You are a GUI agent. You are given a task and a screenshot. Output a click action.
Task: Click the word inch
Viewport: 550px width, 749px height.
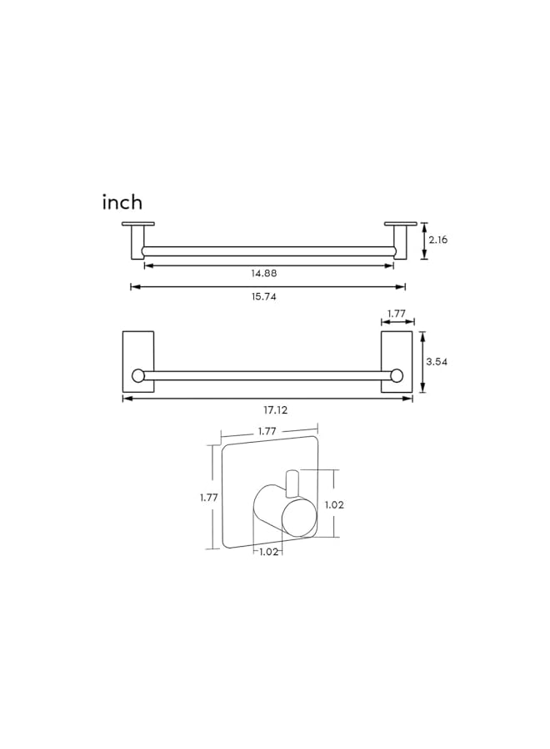click(x=122, y=202)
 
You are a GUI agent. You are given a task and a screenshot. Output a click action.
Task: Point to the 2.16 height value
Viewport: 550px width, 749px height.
click(x=437, y=240)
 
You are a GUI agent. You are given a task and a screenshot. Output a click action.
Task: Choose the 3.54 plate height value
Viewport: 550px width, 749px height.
click(x=437, y=362)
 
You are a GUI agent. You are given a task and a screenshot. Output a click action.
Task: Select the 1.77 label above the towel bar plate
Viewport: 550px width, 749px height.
click(x=397, y=313)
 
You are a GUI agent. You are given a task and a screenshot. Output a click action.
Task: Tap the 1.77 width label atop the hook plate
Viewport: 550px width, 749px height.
click(x=267, y=430)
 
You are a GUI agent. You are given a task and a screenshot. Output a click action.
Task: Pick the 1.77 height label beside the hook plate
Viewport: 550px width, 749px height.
click(x=209, y=498)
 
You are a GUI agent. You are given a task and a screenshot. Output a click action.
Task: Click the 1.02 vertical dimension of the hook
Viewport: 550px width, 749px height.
click(x=334, y=504)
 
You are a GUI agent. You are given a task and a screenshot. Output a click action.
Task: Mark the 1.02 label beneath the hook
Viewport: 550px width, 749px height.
click(x=269, y=551)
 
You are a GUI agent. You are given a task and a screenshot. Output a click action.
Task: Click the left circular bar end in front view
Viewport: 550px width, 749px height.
click(x=138, y=375)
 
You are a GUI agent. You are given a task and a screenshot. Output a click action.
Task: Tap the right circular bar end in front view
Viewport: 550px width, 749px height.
click(x=397, y=375)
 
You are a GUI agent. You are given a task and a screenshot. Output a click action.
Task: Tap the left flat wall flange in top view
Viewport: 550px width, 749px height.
click(x=138, y=224)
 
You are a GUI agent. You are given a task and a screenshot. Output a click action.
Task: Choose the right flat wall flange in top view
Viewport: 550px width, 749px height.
click(x=400, y=224)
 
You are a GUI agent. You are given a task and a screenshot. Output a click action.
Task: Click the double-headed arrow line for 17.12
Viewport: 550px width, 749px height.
click(x=200, y=399)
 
